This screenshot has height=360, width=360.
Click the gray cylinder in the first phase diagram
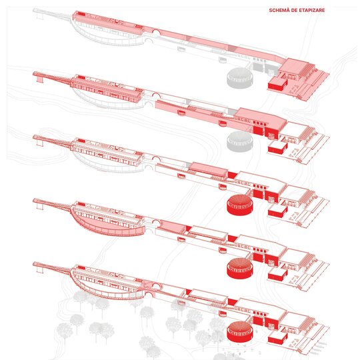pos(240,77)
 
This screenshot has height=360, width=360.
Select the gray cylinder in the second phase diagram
pos(240,141)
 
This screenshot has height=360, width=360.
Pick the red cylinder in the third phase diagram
pos(240,205)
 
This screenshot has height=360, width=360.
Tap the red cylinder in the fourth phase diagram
pos(240,268)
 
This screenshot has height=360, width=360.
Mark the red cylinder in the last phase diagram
pos(240,331)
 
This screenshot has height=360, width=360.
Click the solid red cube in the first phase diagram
pos(278,84)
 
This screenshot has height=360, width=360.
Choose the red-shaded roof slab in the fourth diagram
pos(173,227)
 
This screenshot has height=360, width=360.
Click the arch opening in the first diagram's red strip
pos(156,32)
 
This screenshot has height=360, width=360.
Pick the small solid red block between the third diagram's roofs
pos(232,175)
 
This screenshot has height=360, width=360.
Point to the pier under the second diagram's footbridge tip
pos(40,79)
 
